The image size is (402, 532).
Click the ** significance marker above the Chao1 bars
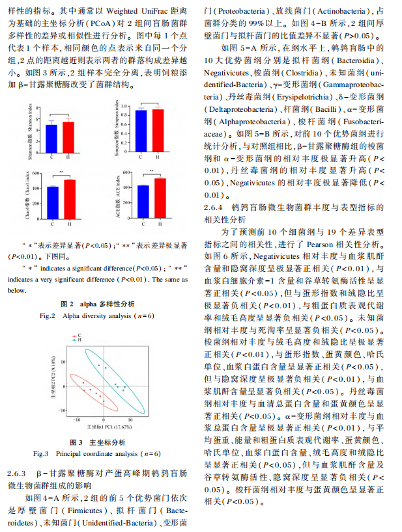(x=61, y=172)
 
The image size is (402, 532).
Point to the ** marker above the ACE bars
(x=152, y=172)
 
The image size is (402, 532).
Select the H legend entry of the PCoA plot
(x=78, y=339)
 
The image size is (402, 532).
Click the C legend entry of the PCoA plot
(x=78, y=335)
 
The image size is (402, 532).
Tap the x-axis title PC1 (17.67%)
(x=106, y=427)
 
